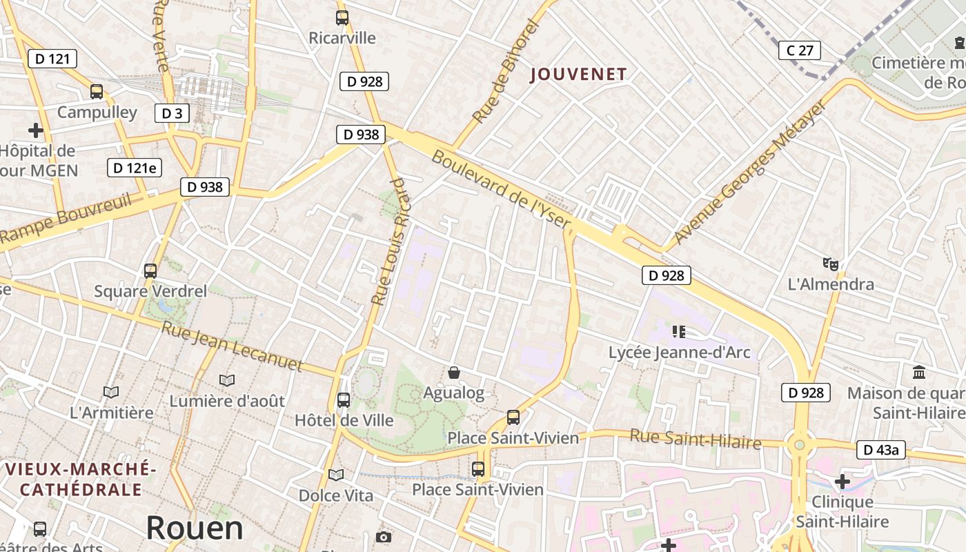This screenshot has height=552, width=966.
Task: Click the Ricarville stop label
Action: tap(342, 38)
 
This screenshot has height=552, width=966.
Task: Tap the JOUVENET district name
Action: tap(579, 75)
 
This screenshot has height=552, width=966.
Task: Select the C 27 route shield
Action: tap(800, 50)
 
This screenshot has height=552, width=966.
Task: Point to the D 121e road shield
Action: tap(135, 168)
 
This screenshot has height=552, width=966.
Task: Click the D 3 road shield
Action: tap(172, 113)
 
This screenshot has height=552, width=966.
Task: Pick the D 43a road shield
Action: tap(881, 451)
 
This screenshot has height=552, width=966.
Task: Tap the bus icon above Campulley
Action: tap(97, 92)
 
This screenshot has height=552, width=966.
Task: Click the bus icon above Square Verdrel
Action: tap(150, 271)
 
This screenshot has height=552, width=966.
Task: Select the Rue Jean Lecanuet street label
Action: tap(232, 346)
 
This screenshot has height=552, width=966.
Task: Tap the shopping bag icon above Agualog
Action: tap(454, 373)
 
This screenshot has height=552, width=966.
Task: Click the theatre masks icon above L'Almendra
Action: tap(831, 264)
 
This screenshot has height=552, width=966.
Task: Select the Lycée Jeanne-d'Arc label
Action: tap(679, 353)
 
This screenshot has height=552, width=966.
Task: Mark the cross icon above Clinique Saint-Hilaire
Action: tap(842, 481)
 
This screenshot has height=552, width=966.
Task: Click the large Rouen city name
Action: tap(195, 529)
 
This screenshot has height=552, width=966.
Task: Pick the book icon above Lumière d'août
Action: tap(227, 380)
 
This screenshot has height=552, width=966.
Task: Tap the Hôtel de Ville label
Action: tap(344, 420)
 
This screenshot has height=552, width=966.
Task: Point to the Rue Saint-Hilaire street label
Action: tap(695, 439)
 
